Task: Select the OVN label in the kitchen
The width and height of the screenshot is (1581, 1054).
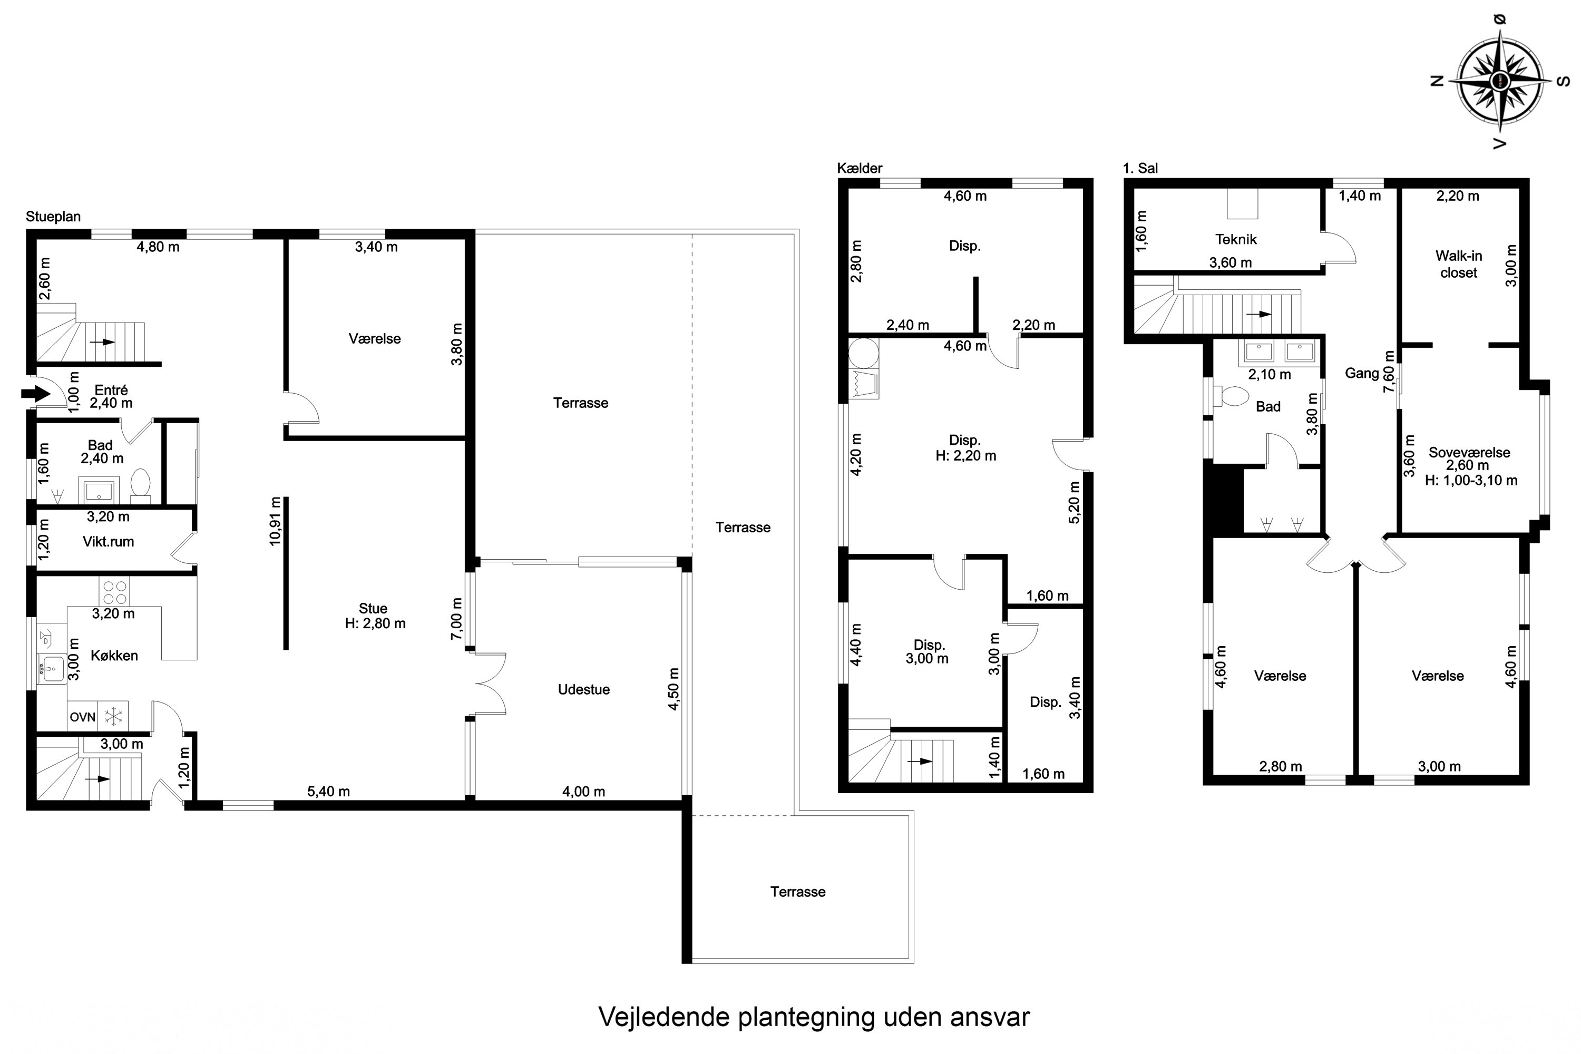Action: tap(83, 717)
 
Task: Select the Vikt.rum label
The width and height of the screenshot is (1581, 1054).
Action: tap(108, 542)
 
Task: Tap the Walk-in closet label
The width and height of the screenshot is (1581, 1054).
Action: tap(1458, 264)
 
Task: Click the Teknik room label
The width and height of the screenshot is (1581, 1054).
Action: tap(1235, 239)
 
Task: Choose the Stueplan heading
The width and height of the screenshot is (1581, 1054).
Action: tap(53, 217)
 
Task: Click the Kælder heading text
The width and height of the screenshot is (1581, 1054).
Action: tap(859, 168)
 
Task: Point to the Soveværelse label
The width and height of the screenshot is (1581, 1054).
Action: tap(1469, 452)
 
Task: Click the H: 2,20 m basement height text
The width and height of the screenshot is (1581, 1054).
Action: tap(965, 456)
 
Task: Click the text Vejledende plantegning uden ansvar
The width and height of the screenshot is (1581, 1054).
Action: tap(813, 1017)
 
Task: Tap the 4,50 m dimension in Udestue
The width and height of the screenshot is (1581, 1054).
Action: tap(674, 689)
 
